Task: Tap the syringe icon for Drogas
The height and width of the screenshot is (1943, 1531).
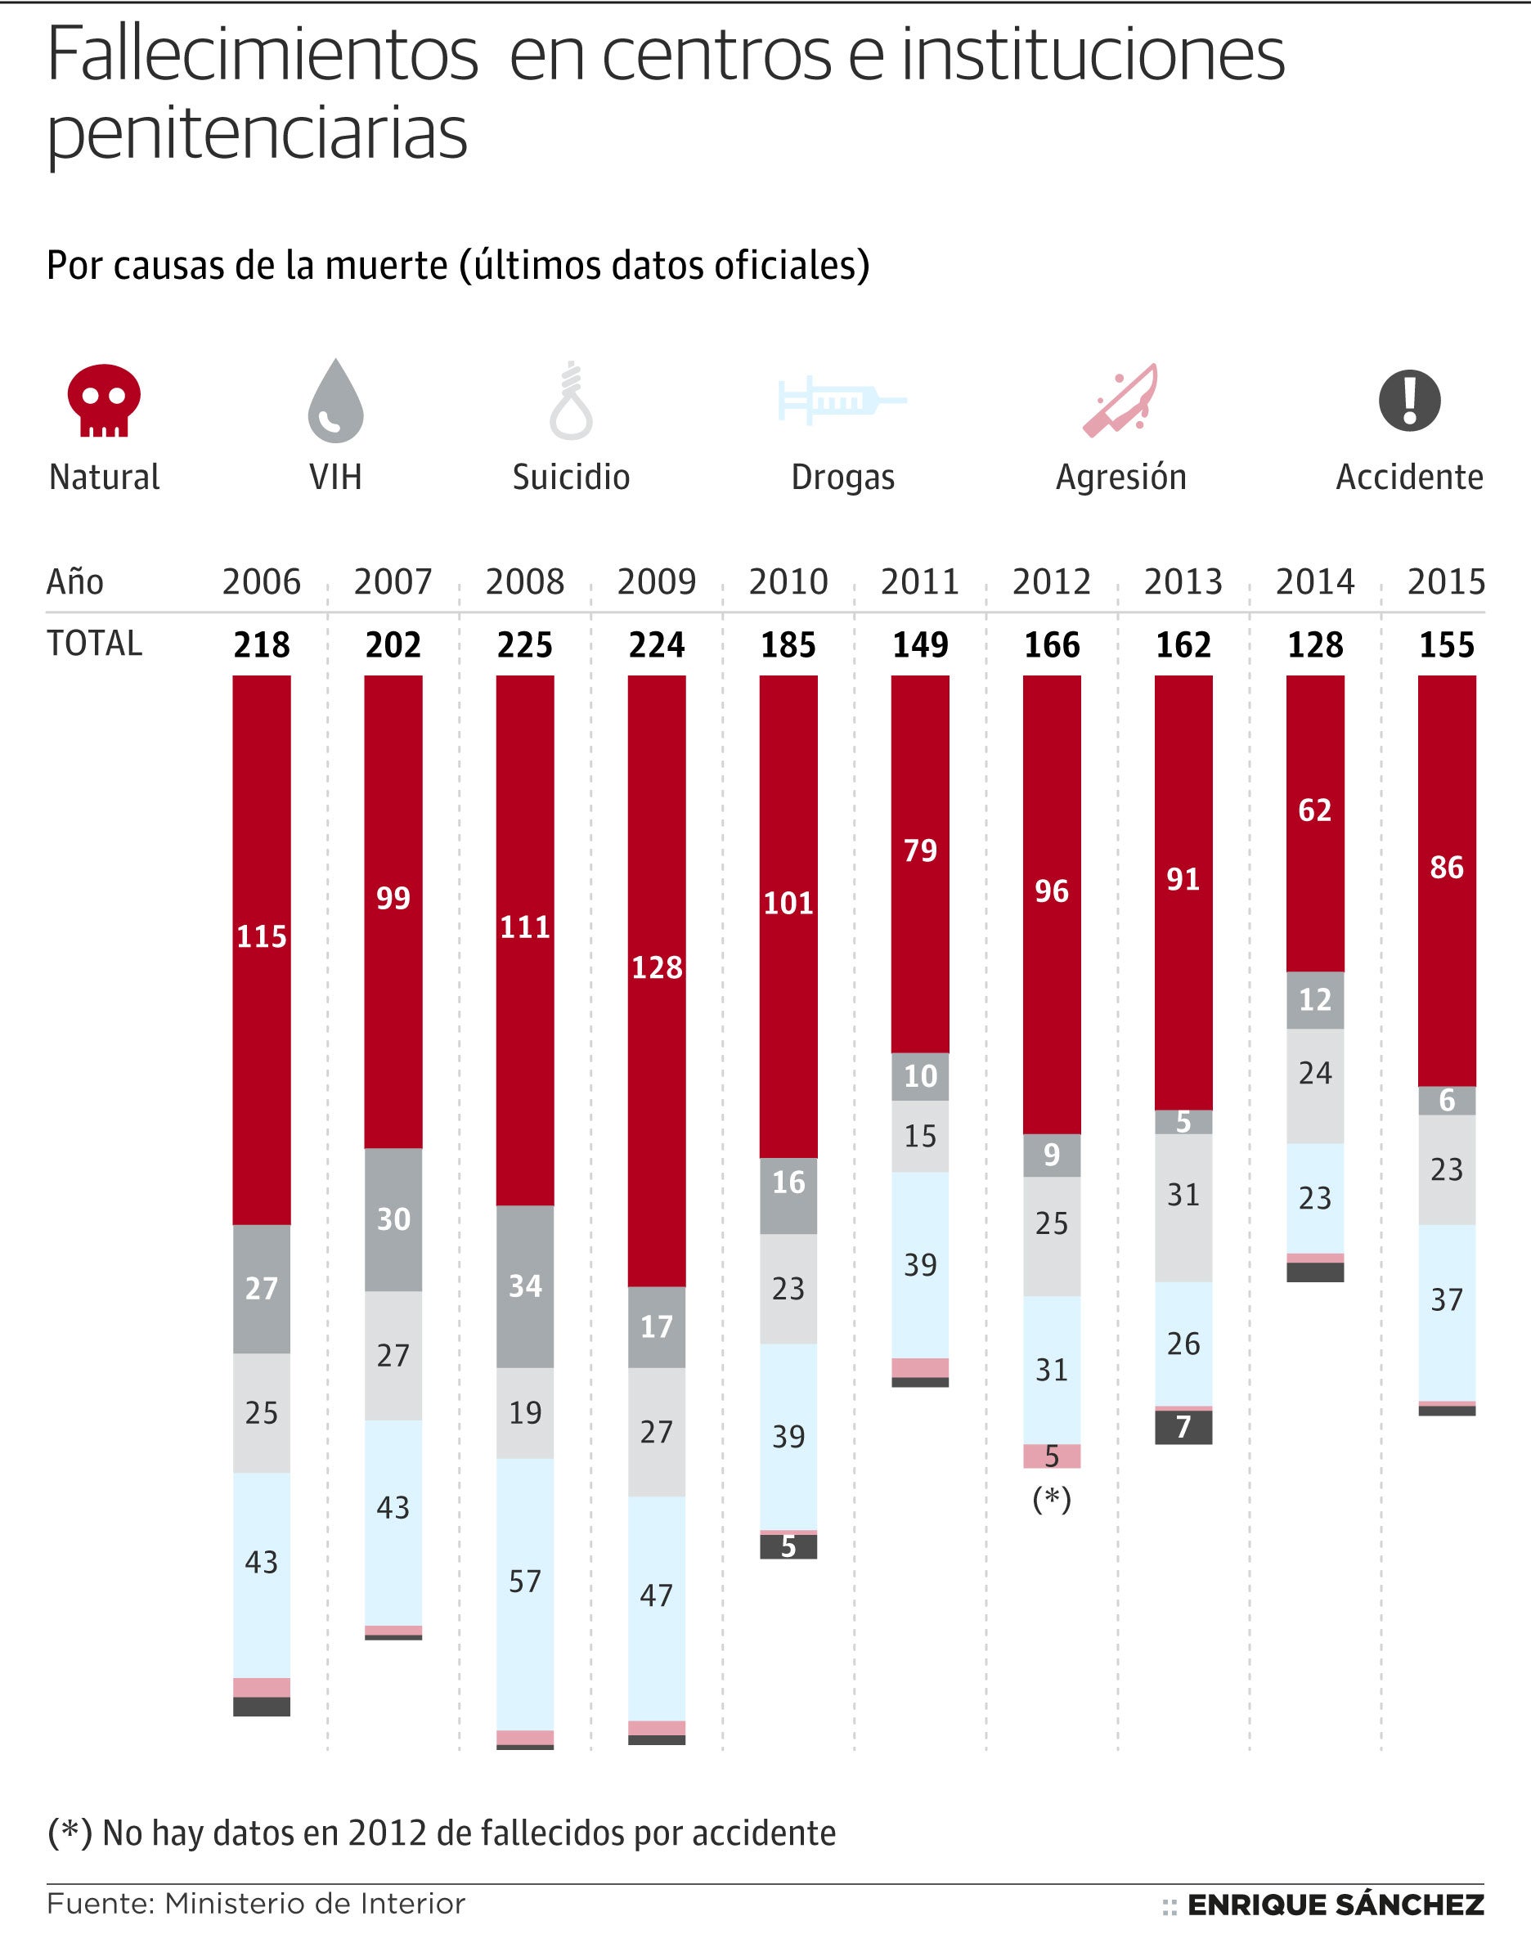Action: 841,400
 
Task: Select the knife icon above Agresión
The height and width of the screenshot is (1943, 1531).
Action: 1120,400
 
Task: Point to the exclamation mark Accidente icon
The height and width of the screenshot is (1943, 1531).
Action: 1409,400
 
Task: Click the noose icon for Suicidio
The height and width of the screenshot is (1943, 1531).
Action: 571,402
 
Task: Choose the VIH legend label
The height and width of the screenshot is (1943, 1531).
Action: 335,477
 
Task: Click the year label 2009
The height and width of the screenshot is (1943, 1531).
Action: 656,581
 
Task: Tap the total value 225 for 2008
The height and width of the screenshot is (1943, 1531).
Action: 524,644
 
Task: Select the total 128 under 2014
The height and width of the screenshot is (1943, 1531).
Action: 1315,644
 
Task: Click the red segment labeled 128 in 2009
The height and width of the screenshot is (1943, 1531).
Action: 656,968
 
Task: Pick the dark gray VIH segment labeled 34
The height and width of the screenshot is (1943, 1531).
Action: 524,1286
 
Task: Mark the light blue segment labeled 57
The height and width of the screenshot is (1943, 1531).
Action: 524,1581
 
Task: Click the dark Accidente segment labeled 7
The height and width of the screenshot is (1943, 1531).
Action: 1183,1427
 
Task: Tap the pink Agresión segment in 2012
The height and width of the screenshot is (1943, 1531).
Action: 1052,1456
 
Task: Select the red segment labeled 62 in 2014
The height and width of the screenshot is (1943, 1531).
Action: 1315,810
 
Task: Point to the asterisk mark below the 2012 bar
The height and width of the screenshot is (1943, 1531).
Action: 1052,1498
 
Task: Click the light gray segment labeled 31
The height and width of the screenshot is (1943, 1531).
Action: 1183,1195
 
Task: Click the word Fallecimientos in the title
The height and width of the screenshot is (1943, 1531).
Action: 263,56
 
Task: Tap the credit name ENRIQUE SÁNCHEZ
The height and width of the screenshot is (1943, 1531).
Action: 1335,1905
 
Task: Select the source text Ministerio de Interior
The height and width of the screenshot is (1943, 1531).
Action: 315,1904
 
